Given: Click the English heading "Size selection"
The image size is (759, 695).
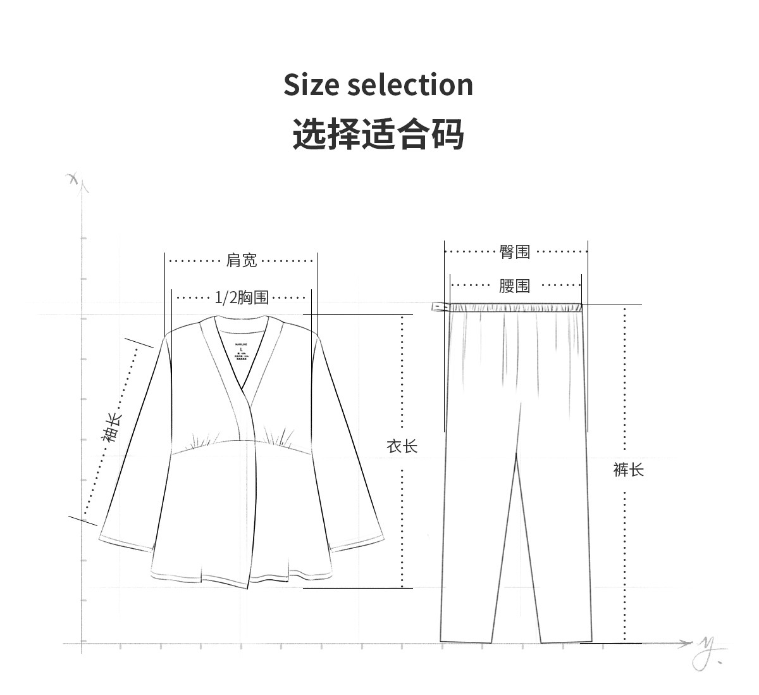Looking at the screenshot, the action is [x=378, y=85].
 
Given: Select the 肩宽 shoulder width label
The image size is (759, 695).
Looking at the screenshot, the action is [x=242, y=260].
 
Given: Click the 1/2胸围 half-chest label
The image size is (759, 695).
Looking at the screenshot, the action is [x=242, y=297].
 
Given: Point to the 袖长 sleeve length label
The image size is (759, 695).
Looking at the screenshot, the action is [x=111, y=427].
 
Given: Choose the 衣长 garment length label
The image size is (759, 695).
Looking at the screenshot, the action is [x=402, y=446].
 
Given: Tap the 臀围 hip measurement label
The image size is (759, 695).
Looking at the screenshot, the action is [x=515, y=252].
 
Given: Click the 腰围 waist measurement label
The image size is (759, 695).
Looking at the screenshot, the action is [x=514, y=286].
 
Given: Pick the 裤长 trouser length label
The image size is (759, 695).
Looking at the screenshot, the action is [x=628, y=470].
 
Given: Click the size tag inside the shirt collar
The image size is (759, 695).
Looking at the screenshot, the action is [x=242, y=353].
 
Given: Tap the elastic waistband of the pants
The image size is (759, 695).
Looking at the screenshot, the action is [x=515, y=308].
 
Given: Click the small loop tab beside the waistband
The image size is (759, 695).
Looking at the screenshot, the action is [x=438, y=308].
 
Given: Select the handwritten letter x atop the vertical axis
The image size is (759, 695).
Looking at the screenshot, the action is [x=74, y=178].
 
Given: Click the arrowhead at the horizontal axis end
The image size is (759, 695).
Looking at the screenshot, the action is [x=686, y=644].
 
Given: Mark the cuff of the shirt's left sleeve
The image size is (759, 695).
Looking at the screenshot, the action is [x=125, y=544].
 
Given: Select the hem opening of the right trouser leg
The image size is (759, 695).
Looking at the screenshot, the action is [x=566, y=641].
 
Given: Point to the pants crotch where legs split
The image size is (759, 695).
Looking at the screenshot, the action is [x=517, y=453].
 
